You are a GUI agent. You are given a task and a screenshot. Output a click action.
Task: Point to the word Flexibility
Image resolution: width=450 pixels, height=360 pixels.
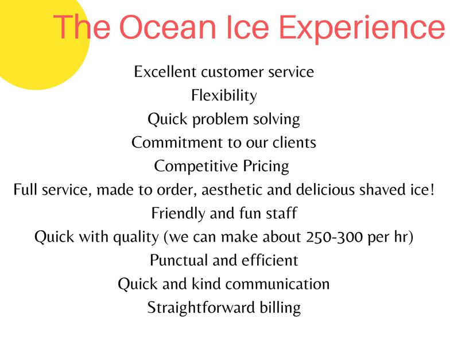pyautogui.click(x=224, y=95)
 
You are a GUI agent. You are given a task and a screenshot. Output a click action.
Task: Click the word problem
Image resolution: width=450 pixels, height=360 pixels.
pyautogui.click(x=220, y=119)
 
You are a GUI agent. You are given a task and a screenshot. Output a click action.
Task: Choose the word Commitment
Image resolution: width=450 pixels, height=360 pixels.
pyautogui.click(x=177, y=142)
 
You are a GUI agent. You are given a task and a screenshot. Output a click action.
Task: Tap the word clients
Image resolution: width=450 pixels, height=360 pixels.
pyautogui.click(x=294, y=142)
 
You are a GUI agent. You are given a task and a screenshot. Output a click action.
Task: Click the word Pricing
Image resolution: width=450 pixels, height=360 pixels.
pyautogui.click(x=266, y=167)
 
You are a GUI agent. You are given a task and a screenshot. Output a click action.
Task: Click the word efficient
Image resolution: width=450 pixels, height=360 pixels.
pyautogui.click(x=270, y=261)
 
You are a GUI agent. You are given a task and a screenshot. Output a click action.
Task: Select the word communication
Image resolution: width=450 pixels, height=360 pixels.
pyautogui.click(x=278, y=284)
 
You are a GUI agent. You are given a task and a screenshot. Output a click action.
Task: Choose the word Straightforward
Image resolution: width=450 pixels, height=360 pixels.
pyautogui.click(x=201, y=308)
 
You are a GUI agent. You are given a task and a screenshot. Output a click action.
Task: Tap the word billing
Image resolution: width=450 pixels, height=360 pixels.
pyautogui.click(x=280, y=308)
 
